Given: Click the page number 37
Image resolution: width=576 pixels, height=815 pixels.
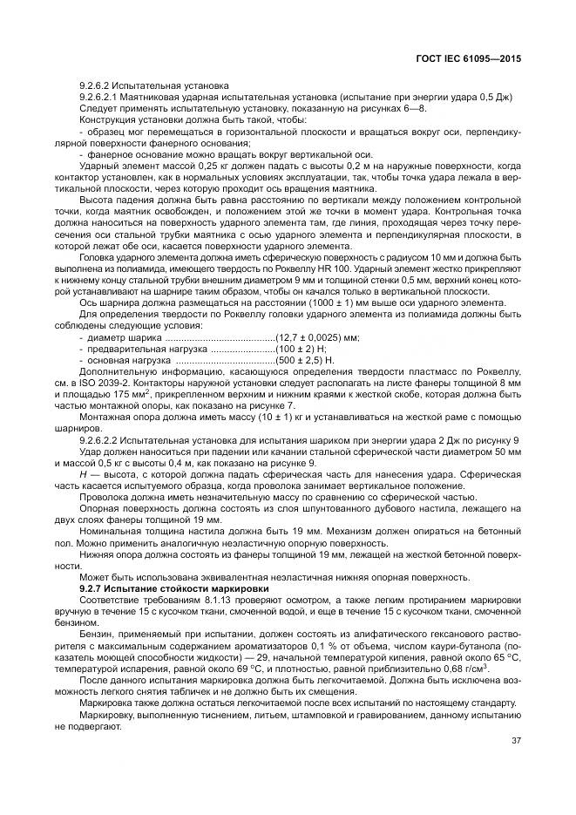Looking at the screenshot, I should pyautogui.click(x=516, y=741).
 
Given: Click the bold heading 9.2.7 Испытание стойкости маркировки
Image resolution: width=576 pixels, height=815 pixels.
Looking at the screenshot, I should pyautogui.click(x=174, y=589).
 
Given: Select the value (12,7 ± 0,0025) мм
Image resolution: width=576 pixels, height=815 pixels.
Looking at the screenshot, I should pyautogui.click(x=317, y=336).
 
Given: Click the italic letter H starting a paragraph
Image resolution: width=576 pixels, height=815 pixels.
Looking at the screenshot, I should pyautogui.click(x=82, y=474).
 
